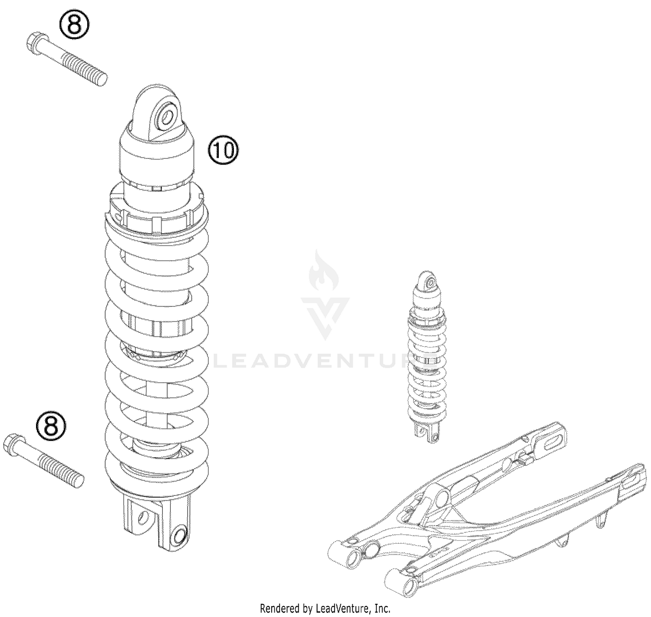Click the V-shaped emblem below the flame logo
pyautogui.click(x=325, y=315)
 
